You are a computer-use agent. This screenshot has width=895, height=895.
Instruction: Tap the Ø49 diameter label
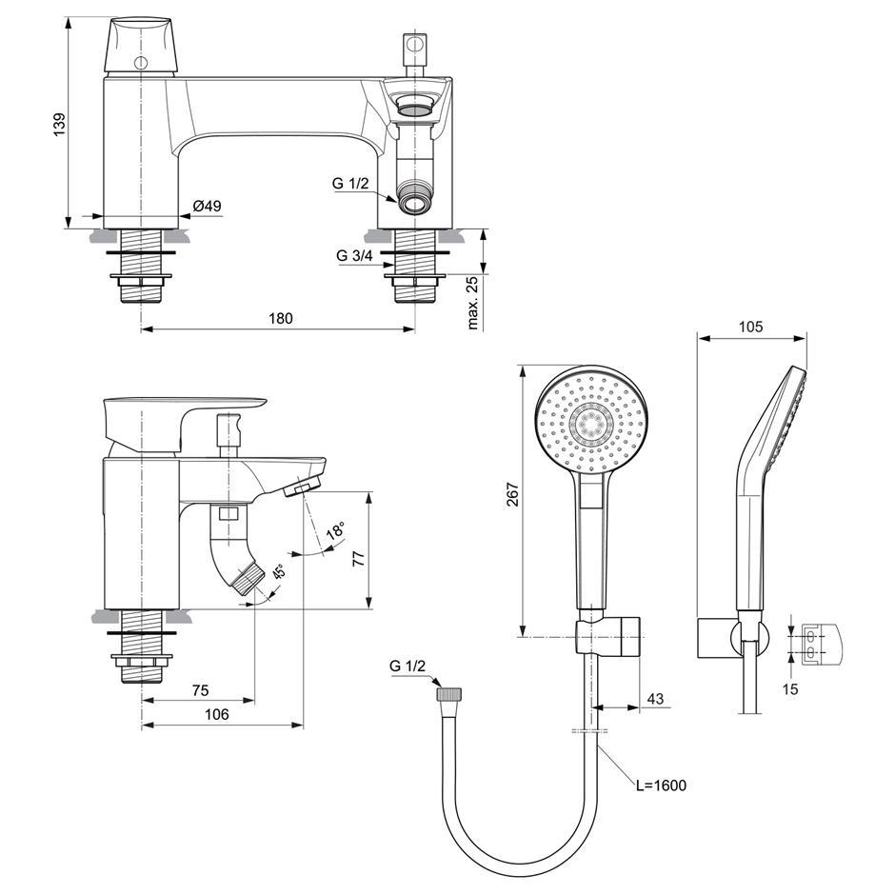click(207, 206)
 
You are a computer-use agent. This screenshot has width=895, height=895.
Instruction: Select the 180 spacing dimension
click(279, 318)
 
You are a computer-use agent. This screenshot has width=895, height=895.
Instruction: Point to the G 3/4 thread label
click(353, 255)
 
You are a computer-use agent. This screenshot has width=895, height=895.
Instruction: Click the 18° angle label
click(334, 533)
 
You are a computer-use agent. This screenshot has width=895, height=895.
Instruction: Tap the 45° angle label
click(279, 573)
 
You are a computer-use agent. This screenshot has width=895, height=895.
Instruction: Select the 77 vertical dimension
click(358, 560)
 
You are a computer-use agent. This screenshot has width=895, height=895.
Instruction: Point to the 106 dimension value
click(218, 714)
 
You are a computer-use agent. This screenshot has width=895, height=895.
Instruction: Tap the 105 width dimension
click(750, 326)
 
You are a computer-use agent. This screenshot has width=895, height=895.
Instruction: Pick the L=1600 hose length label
click(661, 786)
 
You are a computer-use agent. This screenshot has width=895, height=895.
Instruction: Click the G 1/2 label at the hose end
click(408, 666)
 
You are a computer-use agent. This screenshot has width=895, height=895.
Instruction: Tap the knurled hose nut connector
click(447, 694)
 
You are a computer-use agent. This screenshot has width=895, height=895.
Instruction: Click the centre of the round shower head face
click(590, 423)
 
